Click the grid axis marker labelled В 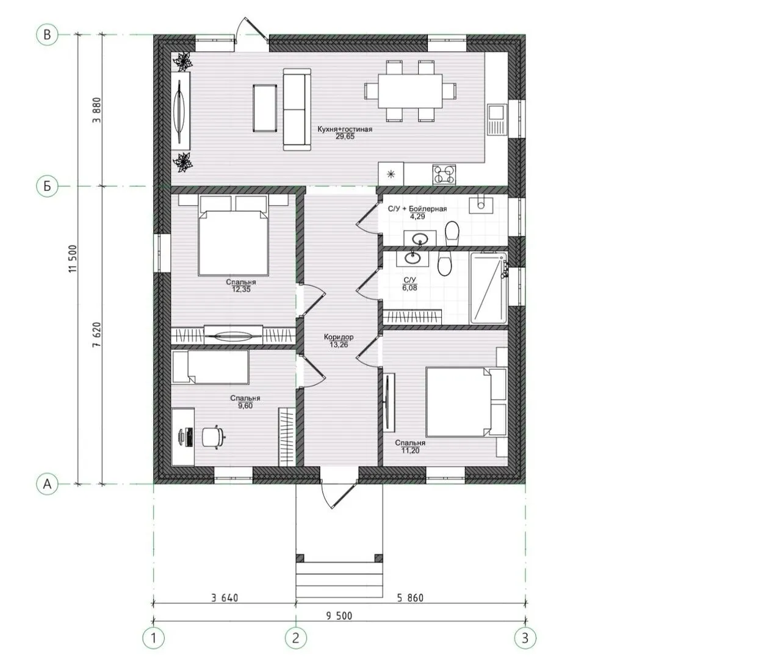[x=47, y=35]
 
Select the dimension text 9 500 [x=339, y=616]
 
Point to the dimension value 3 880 [x=97, y=110]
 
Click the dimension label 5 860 [x=410, y=597]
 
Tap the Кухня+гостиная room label [x=345, y=129]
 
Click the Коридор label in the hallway [x=339, y=337]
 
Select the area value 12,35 [x=241, y=289]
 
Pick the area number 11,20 [x=410, y=450]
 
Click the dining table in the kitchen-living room [x=410, y=91]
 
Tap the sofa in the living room [x=297, y=109]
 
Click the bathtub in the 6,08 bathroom [x=488, y=287]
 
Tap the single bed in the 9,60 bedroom [x=211, y=367]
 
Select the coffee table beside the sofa [x=265, y=108]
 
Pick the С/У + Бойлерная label [x=417, y=209]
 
